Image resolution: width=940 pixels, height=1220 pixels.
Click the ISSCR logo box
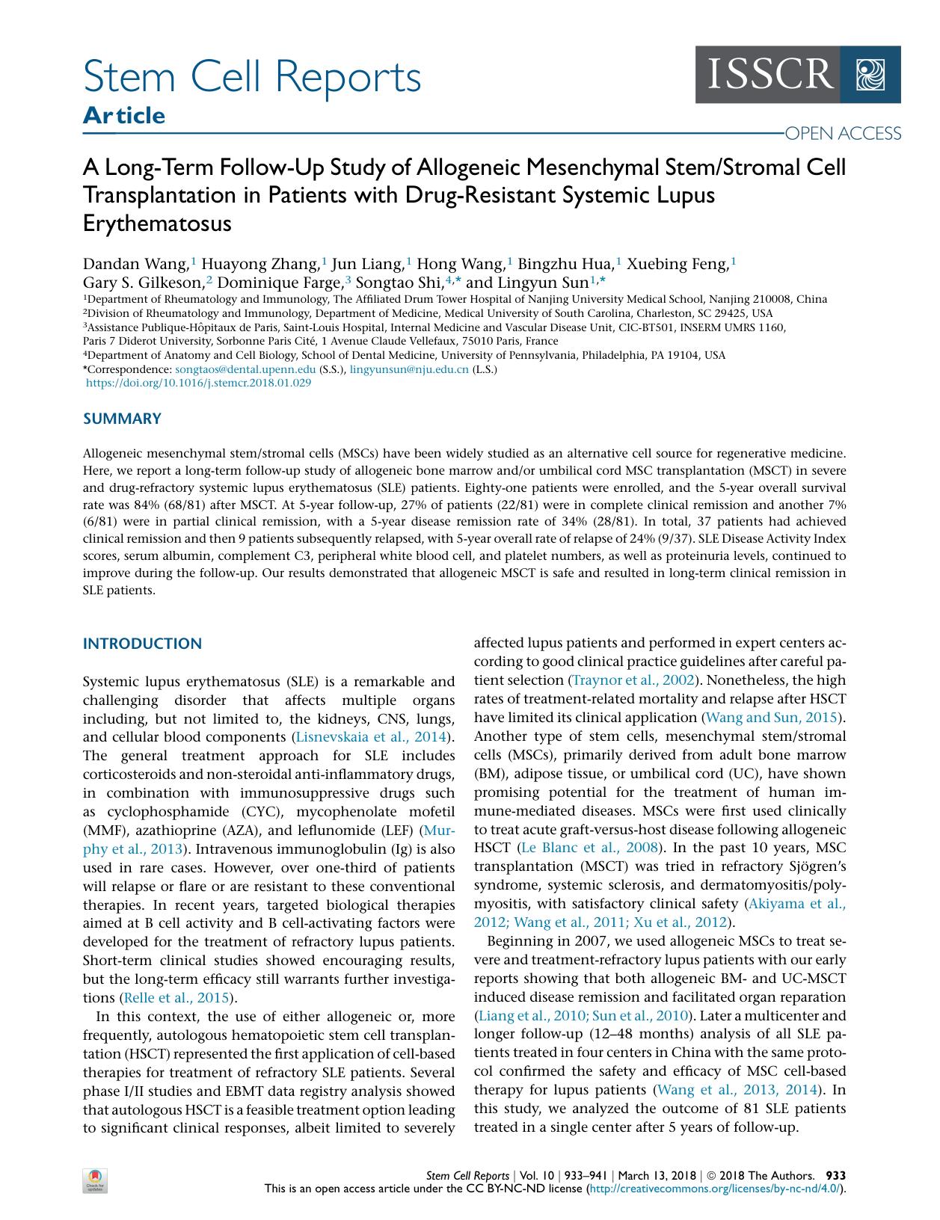click(x=797, y=75)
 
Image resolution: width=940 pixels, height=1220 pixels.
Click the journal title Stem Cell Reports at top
click(x=252, y=77)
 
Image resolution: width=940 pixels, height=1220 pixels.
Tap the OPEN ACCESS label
click(x=842, y=134)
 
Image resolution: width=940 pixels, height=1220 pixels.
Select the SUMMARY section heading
click(x=122, y=419)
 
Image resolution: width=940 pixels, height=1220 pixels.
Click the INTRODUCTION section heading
click(x=142, y=644)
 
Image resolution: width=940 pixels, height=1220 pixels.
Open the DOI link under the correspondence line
click(x=199, y=383)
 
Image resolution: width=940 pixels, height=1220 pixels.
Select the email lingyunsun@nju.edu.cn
click(x=409, y=369)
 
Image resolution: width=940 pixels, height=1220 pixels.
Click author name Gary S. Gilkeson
click(x=144, y=283)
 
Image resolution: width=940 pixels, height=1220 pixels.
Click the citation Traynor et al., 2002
click(x=633, y=680)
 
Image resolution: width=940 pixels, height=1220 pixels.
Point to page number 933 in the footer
click(x=835, y=1175)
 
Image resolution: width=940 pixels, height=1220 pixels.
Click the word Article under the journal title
click(x=124, y=116)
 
